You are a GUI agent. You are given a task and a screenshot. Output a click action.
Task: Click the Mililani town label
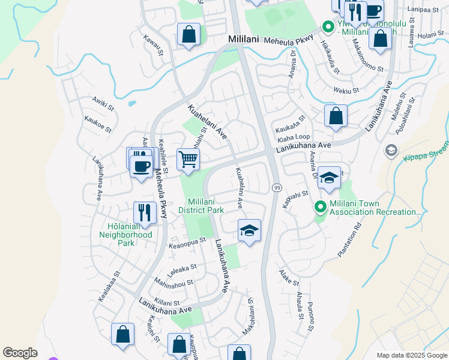(243, 38)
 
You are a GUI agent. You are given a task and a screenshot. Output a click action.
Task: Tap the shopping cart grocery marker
(188, 160)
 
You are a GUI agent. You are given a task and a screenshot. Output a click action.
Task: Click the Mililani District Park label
(205, 206)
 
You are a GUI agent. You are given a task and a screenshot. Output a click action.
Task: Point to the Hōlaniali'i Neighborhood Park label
(125, 235)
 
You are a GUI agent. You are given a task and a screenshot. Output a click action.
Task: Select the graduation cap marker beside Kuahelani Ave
(250, 230)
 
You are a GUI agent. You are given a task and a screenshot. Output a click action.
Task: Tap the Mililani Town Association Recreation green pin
(321, 208)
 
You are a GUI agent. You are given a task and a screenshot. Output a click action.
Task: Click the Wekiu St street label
(346, 91)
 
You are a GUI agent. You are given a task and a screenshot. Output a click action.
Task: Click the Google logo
(20, 353)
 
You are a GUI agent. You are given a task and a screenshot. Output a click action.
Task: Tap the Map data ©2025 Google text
(412, 355)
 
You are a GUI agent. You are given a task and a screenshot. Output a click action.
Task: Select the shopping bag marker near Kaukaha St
(336, 116)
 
